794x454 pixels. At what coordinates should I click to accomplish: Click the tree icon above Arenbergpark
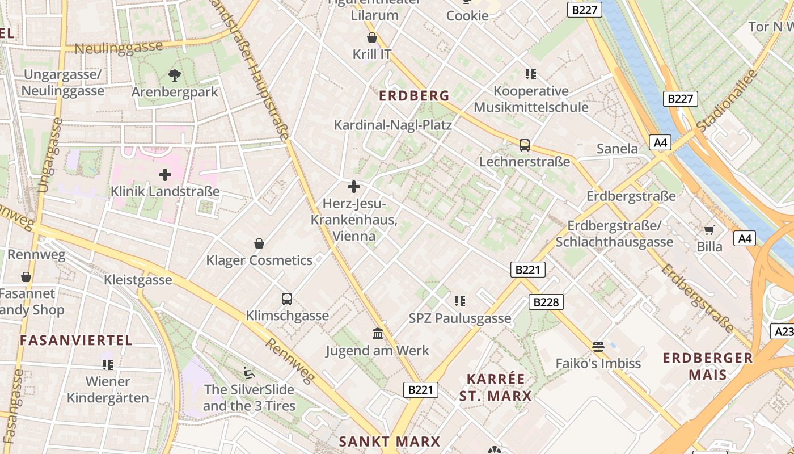(174, 74)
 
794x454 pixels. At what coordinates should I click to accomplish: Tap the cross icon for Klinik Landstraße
(165, 175)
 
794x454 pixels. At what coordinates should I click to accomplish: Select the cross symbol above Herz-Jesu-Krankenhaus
(354, 186)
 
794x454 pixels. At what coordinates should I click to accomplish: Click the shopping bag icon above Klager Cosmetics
(259, 243)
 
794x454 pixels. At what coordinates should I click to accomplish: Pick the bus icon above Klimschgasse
(287, 299)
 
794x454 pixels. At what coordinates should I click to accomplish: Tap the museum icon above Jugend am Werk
(378, 333)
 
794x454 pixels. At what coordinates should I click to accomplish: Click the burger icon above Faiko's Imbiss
(598, 346)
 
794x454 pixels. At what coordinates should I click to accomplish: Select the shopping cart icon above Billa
(709, 230)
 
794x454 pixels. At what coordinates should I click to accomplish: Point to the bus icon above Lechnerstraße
(525, 145)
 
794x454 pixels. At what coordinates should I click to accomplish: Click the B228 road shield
(546, 302)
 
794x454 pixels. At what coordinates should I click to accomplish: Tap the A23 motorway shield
(783, 331)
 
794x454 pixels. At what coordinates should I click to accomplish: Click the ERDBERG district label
(414, 95)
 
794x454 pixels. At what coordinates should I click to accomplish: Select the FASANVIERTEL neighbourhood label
(76, 340)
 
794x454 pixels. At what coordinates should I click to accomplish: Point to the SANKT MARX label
(389, 442)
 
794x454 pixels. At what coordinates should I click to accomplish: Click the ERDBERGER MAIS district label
(708, 366)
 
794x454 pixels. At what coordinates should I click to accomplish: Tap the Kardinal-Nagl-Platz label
(392, 125)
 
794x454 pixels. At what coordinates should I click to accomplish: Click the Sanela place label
(617, 149)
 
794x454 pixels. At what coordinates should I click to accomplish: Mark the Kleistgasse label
(138, 280)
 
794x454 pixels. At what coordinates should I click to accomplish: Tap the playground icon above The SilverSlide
(249, 373)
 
